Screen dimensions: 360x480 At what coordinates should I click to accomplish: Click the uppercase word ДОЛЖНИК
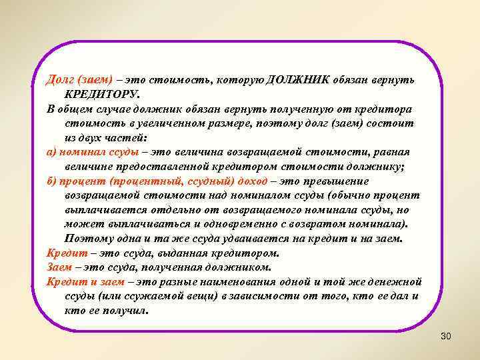coord(295,80)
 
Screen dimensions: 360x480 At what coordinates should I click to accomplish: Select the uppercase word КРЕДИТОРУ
coord(103,95)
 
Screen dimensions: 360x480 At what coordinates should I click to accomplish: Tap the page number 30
coord(445,336)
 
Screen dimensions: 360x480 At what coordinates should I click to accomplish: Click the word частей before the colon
coord(133,138)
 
